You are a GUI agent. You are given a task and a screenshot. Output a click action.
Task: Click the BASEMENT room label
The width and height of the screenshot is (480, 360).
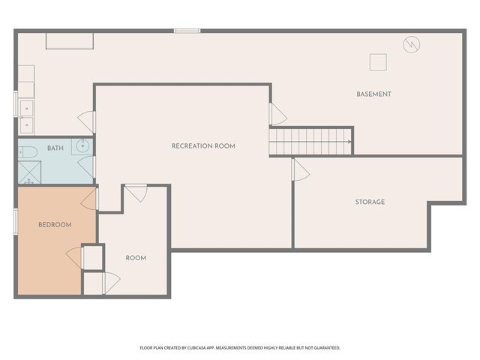[x=373, y=94]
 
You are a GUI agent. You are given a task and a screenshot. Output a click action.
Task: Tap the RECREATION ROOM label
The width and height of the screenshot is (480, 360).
[x=203, y=146]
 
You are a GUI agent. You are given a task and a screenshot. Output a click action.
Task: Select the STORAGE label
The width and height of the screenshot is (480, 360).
[x=370, y=202]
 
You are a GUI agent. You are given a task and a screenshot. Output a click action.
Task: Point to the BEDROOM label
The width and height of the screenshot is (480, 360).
[x=55, y=225]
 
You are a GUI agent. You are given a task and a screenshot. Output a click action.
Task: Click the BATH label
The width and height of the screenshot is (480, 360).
[x=55, y=148]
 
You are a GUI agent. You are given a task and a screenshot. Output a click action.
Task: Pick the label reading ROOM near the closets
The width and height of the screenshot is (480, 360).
[x=136, y=258]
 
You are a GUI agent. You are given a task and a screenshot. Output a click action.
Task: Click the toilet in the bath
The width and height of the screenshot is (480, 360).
[x=28, y=152]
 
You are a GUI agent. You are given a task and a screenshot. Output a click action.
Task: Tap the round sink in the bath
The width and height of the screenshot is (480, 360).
[x=82, y=146]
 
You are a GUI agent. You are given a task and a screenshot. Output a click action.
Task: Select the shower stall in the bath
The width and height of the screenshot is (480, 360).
[x=29, y=172]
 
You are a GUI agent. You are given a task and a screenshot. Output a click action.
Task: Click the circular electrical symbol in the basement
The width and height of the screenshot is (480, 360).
[x=412, y=45]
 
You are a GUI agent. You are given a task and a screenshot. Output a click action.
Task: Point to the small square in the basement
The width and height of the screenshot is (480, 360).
[x=378, y=62]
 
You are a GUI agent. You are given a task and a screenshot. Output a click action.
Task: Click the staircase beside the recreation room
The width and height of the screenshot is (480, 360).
[x=310, y=142]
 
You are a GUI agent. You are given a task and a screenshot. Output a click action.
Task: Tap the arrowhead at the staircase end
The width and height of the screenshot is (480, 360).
[x=350, y=142]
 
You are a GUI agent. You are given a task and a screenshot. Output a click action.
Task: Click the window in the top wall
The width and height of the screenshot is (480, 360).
[x=187, y=31]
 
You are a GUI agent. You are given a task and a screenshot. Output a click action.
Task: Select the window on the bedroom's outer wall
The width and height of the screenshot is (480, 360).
[x=16, y=221]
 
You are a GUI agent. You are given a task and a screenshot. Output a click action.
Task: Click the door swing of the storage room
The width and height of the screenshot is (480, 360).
[x=301, y=170]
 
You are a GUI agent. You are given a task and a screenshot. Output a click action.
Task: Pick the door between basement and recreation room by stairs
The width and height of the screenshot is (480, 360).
[x=278, y=114]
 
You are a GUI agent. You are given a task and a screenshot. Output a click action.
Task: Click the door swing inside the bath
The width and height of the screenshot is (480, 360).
[x=85, y=166]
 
